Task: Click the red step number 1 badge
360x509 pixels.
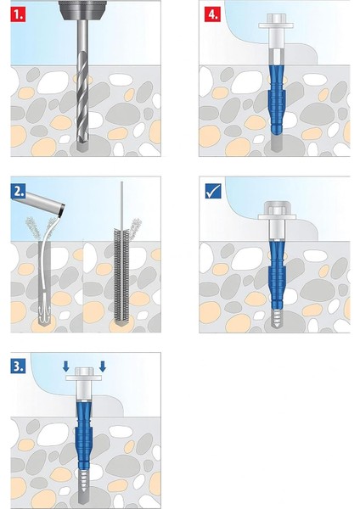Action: [18, 14]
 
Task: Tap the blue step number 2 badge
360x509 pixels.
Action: [18, 191]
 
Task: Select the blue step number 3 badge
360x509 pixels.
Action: [18, 366]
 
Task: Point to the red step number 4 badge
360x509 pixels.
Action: [212, 14]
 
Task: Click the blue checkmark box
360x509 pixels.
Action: [213, 191]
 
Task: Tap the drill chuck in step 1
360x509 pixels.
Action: [82, 10]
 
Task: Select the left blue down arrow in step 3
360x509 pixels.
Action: [66, 366]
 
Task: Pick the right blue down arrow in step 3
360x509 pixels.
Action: [103, 366]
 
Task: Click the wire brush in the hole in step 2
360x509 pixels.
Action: [121, 277]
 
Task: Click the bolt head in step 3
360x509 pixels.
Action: [84, 374]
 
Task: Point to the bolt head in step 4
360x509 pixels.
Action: [276, 21]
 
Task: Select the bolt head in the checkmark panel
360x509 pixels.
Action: [277, 210]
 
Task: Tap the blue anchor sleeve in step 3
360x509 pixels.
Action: [84, 435]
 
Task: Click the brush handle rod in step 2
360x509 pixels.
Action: [121, 205]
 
